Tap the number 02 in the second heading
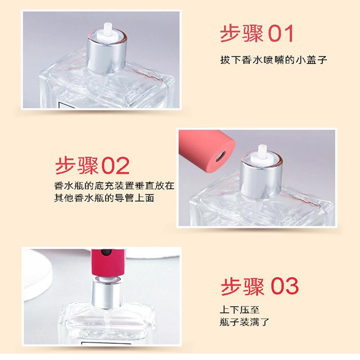tap(116, 166)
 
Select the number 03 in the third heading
tap(285, 286)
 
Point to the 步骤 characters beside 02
tap(77, 166)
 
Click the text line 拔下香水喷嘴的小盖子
tap(274, 60)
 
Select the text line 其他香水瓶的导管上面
tap(104, 198)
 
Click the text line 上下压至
tap(239, 310)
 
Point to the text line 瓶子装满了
tap(244, 322)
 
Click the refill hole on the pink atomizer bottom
tap(220, 157)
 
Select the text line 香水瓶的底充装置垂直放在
tap(114, 186)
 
